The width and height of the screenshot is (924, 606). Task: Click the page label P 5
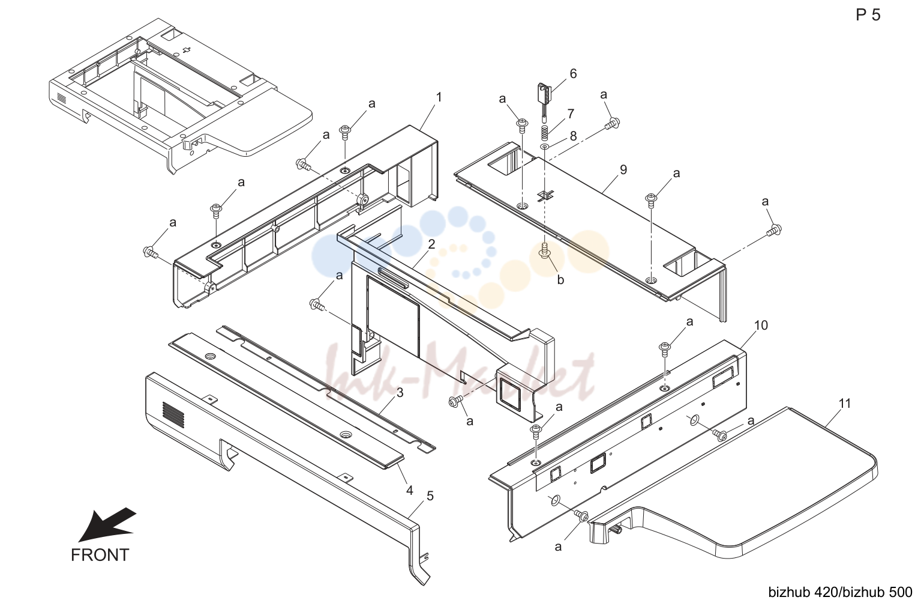[x=868, y=15]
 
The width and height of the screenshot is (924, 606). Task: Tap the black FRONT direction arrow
[x=107, y=524]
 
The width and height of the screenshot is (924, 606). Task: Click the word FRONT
[x=100, y=555]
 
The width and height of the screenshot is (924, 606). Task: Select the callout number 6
[x=573, y=73]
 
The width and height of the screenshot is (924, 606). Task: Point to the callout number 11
[x=845, y=404]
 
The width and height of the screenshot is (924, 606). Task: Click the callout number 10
[x=761, y=326]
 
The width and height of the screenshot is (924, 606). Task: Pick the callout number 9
[x=623, y=169]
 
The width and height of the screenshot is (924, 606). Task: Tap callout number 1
[x=439, y=97]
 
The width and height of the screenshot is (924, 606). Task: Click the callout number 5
[x=430, y=495]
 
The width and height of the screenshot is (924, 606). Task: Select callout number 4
[x=409, y=491]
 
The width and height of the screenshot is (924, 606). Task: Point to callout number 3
[x=400, y=393]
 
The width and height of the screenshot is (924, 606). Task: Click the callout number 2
[x=431, y=244]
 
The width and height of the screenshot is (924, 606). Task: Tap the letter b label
[x=560, y=280]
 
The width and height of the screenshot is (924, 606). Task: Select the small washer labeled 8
[x=545, y=147]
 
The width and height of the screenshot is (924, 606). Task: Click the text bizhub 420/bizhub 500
[x=840, y=592]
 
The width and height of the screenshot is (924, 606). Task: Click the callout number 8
[x=573, y=136]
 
